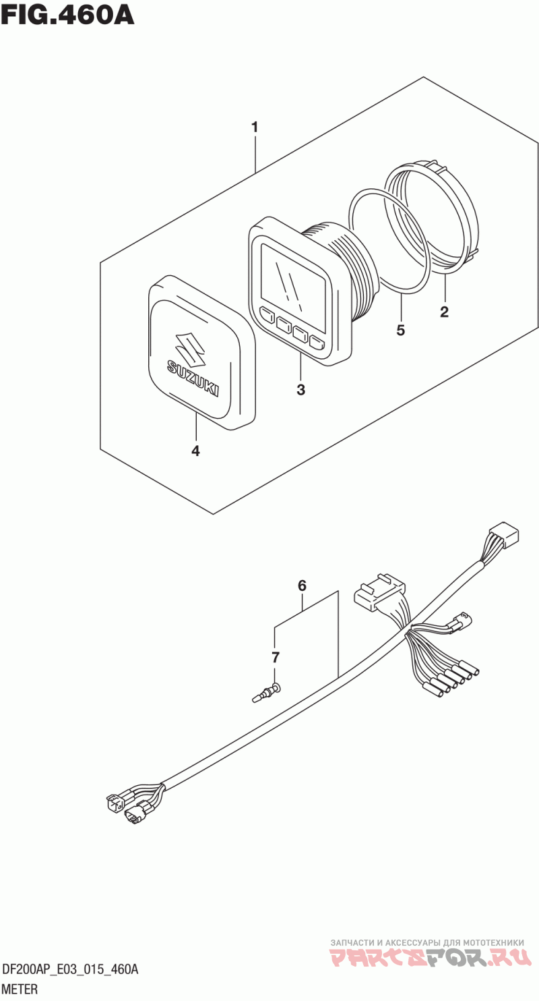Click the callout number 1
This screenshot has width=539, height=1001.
click(x=254, y=127)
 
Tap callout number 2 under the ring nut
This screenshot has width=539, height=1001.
click(x=444, y=312)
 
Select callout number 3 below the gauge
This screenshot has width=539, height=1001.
click(x=301, y=390)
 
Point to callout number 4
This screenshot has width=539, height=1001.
click(x=195, y=451)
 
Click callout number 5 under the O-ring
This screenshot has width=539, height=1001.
click(x=401, y=331)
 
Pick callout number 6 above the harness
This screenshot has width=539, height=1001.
click(x=302, y=585)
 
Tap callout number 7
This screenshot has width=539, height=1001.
click(x=276, y=658)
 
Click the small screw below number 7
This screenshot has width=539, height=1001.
click(x=267, y=697)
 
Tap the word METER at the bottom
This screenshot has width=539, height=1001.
click(x=20, y=989)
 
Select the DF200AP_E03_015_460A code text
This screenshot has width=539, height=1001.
click(x=70, y=970)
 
